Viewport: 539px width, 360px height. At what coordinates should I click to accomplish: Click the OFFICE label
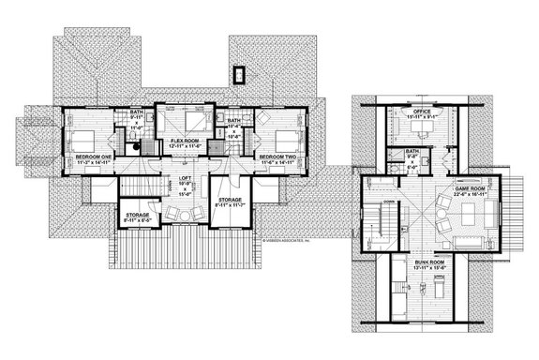pos(413,112)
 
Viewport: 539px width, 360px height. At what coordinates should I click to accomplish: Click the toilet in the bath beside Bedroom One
pos(135,143)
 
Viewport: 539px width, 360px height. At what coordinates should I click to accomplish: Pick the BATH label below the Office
pos(412,152)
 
